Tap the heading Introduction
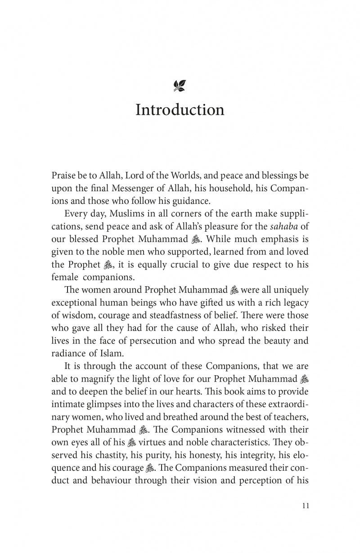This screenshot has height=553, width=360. (180, 110)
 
